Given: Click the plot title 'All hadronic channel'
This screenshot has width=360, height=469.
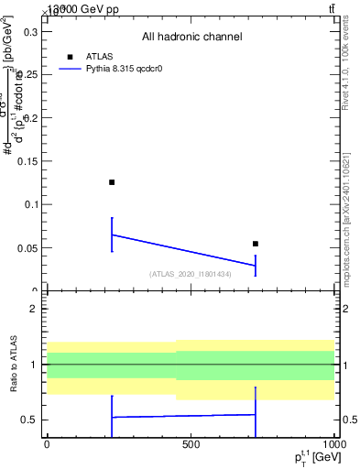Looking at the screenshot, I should pos(191,38).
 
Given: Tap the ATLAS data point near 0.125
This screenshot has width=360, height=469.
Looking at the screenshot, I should pos(112,182).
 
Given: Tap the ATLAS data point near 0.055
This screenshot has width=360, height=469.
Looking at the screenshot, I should pos(256,244).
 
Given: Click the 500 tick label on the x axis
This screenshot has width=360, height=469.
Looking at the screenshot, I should pos(191,444).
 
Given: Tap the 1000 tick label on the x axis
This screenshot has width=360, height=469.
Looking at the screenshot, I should pos(333,444).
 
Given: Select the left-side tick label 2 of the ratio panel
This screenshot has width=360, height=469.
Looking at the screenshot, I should pos(32,309).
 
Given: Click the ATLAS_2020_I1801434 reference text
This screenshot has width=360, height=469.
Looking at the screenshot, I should pos(191,274).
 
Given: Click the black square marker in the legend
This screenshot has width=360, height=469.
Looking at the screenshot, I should pos(71,56).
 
